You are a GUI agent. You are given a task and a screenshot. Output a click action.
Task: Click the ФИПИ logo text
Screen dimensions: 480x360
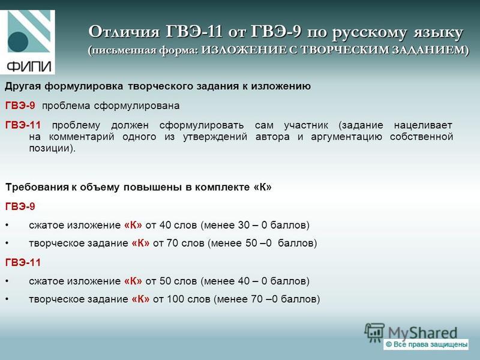click(28, 66)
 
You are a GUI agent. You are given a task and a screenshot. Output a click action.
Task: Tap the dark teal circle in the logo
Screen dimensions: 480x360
click(18, 42)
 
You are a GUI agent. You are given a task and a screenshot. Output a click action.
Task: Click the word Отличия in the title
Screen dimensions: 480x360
click(124, 32)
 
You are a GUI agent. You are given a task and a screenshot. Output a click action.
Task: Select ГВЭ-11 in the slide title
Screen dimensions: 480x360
click(194, 31)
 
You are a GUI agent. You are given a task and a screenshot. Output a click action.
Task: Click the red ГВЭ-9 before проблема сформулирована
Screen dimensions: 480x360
click(20, 106)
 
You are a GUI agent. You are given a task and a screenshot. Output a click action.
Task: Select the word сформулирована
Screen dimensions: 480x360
click(137, 106)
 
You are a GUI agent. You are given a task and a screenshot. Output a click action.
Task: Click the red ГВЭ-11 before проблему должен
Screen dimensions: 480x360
click(23, 125)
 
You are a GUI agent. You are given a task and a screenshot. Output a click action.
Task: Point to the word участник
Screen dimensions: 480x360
click(306, 125)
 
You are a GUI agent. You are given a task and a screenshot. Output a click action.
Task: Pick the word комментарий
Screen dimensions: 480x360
click(82, 137)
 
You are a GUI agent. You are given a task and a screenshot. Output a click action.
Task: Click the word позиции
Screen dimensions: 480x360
click(51, 148)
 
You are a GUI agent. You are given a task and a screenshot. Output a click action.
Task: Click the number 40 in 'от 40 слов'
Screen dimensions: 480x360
click(166, 226)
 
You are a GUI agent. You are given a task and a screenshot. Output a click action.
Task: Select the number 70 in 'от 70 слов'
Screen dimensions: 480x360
click(173, 244)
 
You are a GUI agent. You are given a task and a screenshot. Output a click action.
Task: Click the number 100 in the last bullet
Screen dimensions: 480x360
click(175, 299)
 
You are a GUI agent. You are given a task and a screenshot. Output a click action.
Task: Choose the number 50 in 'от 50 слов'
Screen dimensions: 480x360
click(166, 281)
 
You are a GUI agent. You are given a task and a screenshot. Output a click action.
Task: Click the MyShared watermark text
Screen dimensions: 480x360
click(422, 333)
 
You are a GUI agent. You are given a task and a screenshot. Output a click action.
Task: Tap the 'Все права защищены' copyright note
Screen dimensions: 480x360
click(426, 344)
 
